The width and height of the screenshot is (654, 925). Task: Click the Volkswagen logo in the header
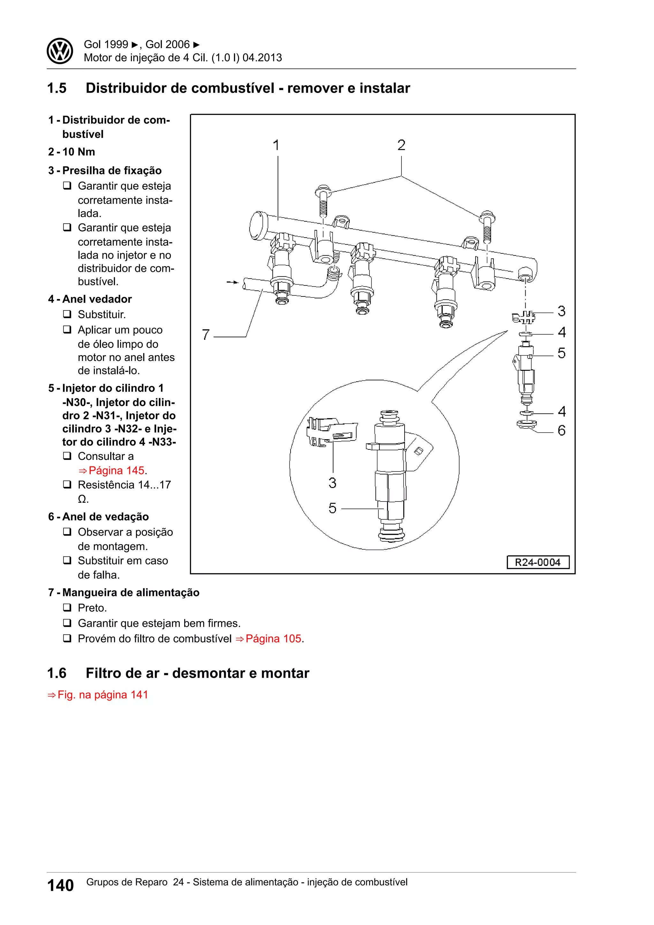[x=60, y=51]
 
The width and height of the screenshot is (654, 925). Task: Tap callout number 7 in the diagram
[x=206, y=335]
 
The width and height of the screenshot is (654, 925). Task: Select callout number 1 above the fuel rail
[x=276, y=145]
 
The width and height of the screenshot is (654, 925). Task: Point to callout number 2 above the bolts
[x=401, y=145]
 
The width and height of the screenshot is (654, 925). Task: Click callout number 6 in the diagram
[x=561, y=431]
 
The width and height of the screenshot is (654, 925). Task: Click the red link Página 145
[x=116, y=470]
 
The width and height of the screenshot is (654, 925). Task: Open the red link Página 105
[x=273, y=638]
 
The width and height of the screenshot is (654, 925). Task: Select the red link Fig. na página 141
[x=103, y=695]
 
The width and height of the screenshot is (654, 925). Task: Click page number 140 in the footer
[x=60, y=885]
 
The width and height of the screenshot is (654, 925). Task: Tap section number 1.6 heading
[x=57, y=673]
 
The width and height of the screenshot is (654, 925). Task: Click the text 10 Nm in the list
[x=79, y=152]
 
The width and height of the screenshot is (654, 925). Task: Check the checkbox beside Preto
[x=67, y=607]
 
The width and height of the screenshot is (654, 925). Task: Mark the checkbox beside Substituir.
[x=67, y=314]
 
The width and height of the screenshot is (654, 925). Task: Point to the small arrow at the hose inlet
[x=232, y=282]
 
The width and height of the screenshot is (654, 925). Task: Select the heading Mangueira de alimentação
[x=131, y=592]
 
